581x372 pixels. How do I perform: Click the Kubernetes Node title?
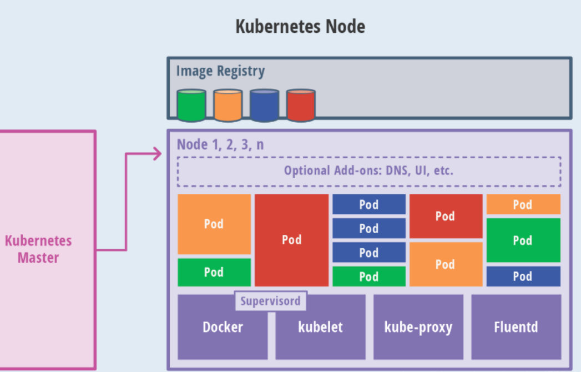coord(300,26)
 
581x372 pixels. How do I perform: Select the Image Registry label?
coord(220,71)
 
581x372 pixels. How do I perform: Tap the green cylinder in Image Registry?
coord(191,105)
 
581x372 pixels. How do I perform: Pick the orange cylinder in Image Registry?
coord(228,105)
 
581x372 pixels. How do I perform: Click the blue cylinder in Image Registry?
coord(264,105)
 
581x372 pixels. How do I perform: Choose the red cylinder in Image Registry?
coord(301,105)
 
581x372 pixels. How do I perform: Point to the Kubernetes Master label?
coord(38,249)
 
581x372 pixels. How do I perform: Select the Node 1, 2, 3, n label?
coord(220,145)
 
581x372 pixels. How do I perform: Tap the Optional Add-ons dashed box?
coord(368,171)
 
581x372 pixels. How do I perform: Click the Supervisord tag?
coord(270,301)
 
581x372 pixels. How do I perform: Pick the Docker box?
coord(223,328)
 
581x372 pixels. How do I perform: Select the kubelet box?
coord(320,328)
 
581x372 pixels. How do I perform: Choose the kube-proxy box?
coord(418,328)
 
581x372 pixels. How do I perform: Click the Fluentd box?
coord(516,328)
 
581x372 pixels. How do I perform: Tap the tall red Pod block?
coord(291,240)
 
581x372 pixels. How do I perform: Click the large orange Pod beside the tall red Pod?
coord(214,224)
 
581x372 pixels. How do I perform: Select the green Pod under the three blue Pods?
coord(368,277)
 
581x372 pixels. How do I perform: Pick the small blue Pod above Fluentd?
coord(523,277)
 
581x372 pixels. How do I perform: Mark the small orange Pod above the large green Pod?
coord(523,204)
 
